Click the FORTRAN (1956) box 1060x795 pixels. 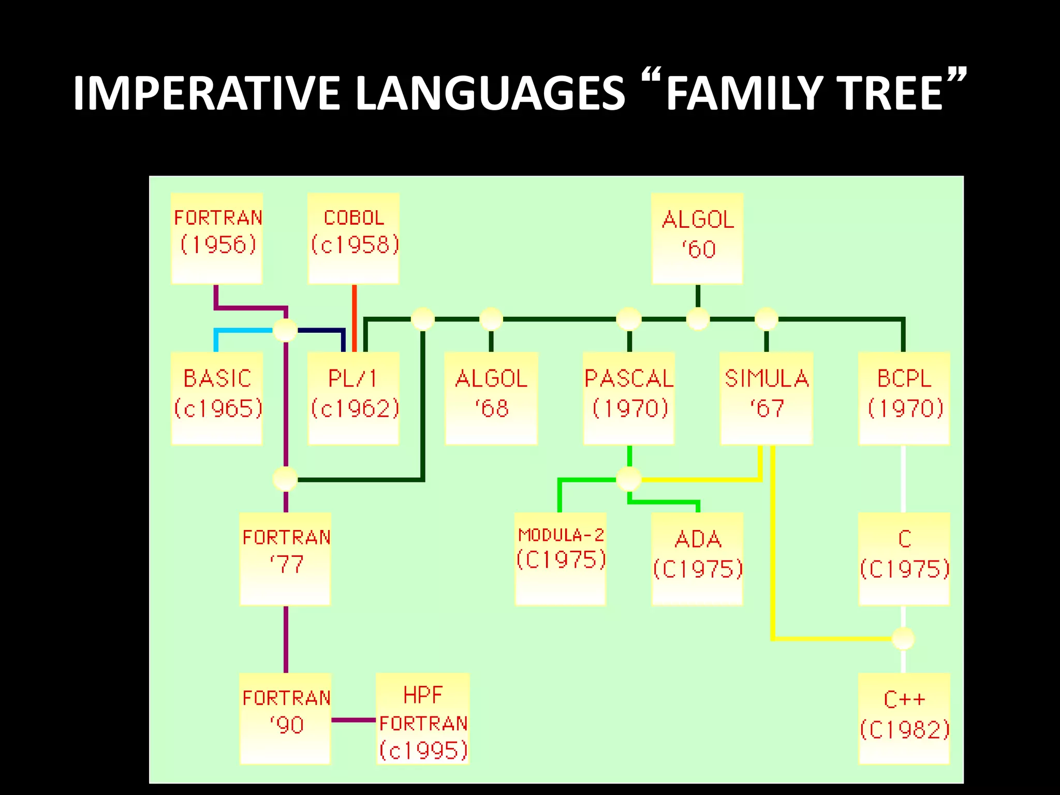coord(217,238)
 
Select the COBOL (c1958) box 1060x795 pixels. coord(354,238)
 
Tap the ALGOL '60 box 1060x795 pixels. coord(697,238)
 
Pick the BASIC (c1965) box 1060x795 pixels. coord(217,398)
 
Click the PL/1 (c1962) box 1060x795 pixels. coord(354,398)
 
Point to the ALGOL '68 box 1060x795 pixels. coord(491,398)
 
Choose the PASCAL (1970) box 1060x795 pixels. coord(629,398)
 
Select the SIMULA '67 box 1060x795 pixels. coord(766,398)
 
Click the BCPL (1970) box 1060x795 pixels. coord(904,398)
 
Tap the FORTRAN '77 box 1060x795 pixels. coord(285,558)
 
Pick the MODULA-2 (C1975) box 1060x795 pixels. coord(561,558)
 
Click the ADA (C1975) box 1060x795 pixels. coord(697,558)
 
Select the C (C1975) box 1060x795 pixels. coord(904,558)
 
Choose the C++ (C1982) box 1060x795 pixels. coord(904,718)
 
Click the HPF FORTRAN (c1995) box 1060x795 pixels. coord(423,718)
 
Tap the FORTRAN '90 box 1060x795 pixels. coord(285,718)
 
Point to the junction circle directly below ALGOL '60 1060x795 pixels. coord(698,319)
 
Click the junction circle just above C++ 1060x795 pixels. coord(903,638)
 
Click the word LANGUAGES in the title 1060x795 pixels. coord(491,93)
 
